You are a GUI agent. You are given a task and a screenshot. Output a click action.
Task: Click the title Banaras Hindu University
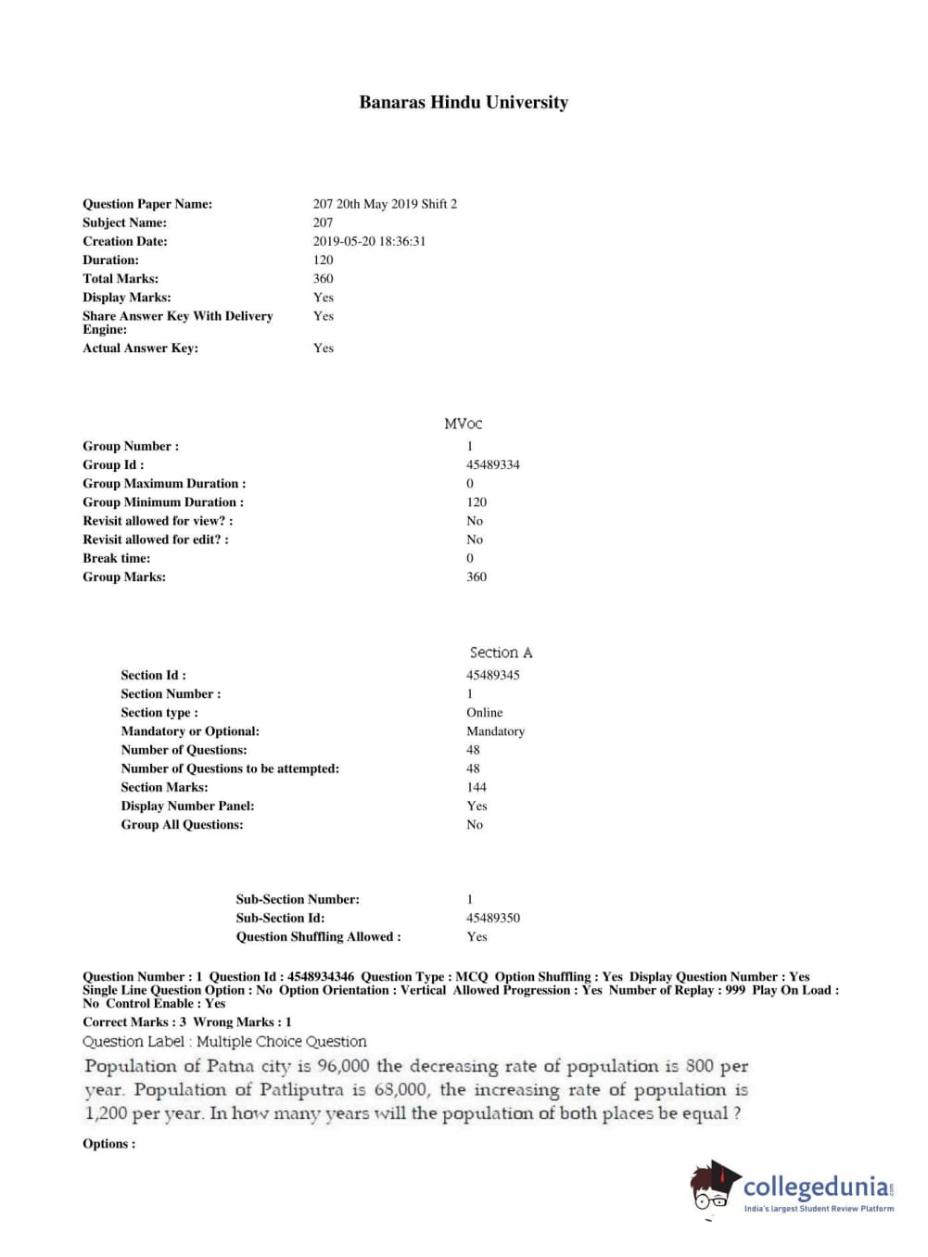464,103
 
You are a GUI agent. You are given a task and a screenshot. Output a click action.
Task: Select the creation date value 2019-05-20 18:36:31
369,241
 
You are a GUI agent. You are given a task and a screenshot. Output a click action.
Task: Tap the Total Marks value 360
323,278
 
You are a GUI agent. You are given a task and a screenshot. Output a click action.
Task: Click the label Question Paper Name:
147,204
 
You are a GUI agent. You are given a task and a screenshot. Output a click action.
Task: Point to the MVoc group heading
463,424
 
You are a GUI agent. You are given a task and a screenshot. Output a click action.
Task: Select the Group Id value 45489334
492,464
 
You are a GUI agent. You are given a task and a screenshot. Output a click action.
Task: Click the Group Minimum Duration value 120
477,502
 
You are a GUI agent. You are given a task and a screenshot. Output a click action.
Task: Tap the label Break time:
116,558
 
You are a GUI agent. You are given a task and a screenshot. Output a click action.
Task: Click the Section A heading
501,653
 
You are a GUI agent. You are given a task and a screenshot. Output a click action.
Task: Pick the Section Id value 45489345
492,675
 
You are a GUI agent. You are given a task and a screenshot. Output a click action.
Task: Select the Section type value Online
484,712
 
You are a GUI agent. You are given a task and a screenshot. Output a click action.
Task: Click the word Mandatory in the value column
495,730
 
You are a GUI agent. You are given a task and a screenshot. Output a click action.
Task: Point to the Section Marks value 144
477,787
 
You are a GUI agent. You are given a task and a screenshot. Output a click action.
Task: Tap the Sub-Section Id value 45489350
492,918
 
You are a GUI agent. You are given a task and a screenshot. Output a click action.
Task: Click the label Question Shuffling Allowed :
318,936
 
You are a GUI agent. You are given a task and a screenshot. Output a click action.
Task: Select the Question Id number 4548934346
321,976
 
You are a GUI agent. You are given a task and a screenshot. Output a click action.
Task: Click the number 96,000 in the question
343,1066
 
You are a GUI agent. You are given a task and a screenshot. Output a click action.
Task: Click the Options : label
108,1143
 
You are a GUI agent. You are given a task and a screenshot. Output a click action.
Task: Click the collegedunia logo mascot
714,1186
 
